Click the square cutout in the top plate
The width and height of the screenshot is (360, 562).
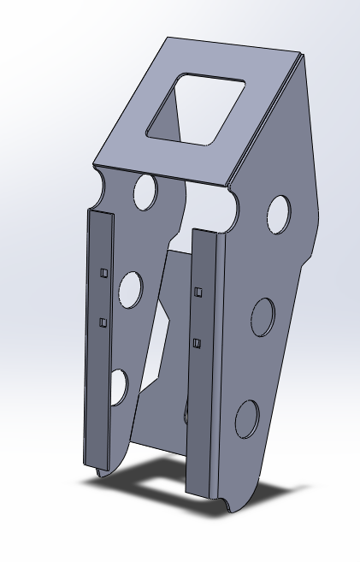[196, 109]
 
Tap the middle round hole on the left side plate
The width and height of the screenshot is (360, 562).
[131, 289]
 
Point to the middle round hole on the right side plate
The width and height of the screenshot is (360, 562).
[263, 317]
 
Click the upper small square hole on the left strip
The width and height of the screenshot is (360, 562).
[103, 272]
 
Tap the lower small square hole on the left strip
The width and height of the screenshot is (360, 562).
[103, 322]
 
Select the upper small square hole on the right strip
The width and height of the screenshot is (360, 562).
[198, 292]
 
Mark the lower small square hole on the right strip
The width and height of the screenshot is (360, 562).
[196, 343]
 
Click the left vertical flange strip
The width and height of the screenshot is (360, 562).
[97, 342]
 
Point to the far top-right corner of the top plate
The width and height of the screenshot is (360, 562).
[303, 56]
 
